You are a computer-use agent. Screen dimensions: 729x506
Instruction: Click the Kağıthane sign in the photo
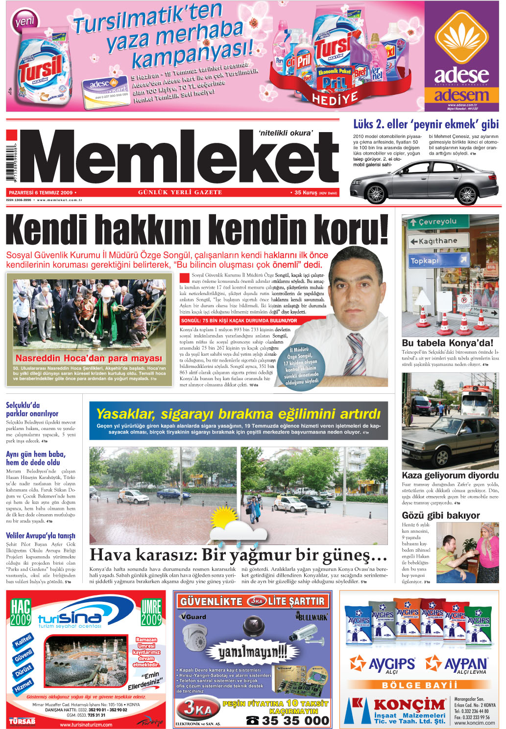(438, 241)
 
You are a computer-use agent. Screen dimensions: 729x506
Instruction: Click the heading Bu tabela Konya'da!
(447, 343)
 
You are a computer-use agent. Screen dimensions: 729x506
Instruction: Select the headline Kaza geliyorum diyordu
(450, 475)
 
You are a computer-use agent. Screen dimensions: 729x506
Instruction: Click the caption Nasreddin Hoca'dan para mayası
(89, 358)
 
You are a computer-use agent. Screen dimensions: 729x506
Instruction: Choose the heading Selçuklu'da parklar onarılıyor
(32, 409)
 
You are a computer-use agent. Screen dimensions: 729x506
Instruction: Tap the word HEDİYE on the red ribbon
(335, 99)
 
